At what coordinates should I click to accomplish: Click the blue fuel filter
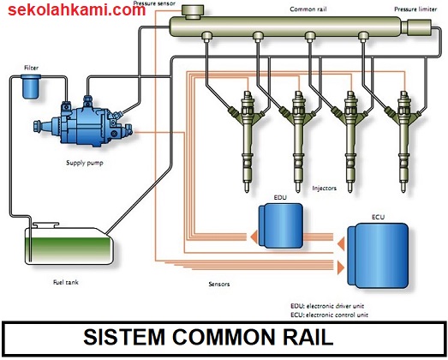31,87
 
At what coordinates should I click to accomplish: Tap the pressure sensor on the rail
193,12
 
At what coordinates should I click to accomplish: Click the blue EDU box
281,225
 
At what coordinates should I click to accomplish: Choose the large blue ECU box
378,255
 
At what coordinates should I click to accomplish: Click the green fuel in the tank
68,249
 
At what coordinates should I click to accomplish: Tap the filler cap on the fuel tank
45,225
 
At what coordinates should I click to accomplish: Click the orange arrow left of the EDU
254,237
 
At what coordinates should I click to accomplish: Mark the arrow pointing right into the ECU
341,268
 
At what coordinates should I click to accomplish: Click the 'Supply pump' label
85,163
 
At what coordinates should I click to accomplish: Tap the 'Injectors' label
325,189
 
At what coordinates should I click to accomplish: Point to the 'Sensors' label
219,284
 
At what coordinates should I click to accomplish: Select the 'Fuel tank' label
66,282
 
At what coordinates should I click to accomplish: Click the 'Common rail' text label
308,9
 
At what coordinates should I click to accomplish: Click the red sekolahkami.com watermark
76,10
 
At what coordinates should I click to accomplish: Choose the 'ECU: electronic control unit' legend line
330,315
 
